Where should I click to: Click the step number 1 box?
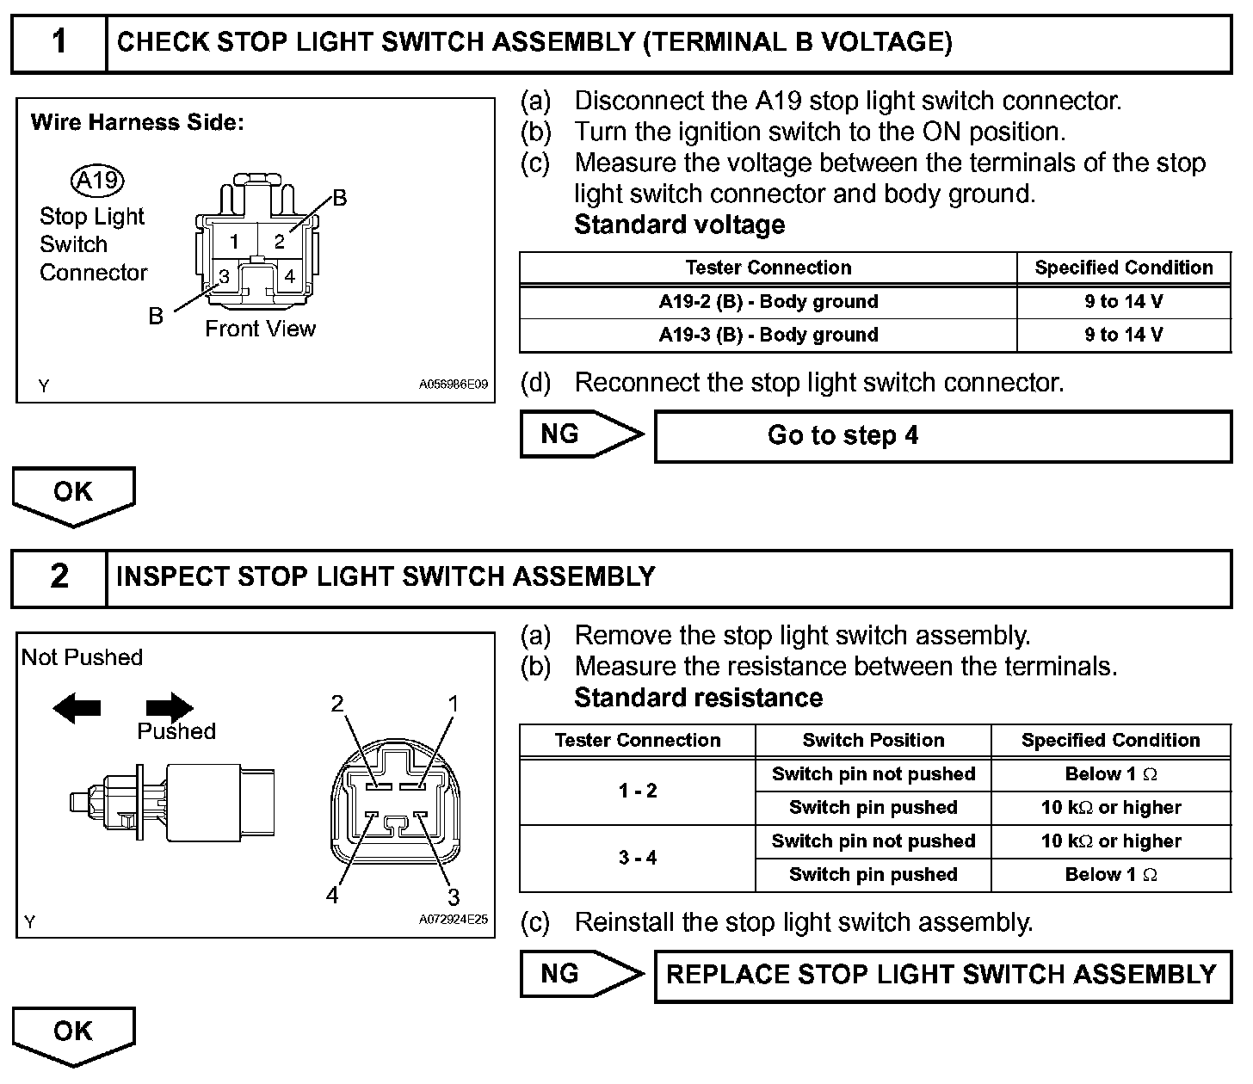[x=59, y=42]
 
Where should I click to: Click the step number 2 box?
[x=59, y=576]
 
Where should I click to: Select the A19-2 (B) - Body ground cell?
[x=768, y=302]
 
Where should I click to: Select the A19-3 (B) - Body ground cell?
[x=768, y=335]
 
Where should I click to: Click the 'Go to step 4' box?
[x=942, y=436]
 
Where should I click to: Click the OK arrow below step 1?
[x=73, y=495]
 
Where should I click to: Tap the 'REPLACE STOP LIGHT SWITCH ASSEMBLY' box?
[x=942, y=975]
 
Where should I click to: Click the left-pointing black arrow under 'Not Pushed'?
[x=77, y=709]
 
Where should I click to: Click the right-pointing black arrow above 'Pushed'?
[x=170, y=707]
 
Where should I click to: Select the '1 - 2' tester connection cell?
[x=638, y=791]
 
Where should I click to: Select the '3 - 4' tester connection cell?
[x=638, y=858]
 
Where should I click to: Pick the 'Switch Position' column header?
[x=873, y=740]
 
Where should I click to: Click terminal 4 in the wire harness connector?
[x=289, y=277]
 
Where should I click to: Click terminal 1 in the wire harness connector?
[x=233, y=242]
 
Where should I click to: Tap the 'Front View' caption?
[x=260, y=329]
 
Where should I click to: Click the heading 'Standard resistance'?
[x=698, y=697]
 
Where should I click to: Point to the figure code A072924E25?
[x=453, y=920]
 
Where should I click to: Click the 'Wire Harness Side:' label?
[x=138, y=122]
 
